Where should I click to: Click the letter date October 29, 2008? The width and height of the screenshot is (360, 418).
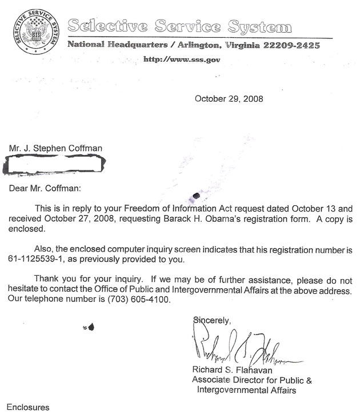[229, 98]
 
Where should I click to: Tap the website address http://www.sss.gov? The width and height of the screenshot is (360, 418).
[181, 59]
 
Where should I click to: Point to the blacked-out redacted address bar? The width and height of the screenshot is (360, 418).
[55, 166]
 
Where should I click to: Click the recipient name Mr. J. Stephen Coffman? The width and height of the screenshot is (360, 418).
[55, 149]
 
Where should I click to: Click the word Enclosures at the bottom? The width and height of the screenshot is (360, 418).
[29, 407]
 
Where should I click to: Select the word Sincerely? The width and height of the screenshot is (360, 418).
[212, 320]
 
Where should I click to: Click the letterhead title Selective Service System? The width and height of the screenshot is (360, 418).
[179, 26]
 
